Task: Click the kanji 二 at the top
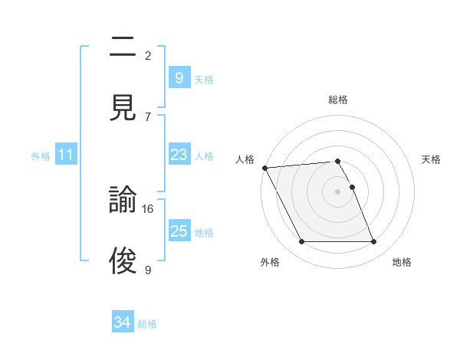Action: pos(123,47)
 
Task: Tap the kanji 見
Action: pos(123,106)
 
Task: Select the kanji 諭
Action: pos(123,201)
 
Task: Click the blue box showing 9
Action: pos(179,77)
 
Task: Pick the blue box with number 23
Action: pos(179,155)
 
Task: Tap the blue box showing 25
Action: pos(179,231)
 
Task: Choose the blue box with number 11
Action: pos(66,155)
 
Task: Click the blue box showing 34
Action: pos(123,323)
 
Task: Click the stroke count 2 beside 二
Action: pos(148,55)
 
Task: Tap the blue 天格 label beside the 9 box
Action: pos(204,79)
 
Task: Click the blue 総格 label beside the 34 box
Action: pos(148,324)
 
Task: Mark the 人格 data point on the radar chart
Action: pos(264,168)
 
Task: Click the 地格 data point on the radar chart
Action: pos(374,242)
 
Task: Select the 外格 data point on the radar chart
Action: pos(301,242)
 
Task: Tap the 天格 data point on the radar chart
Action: pos(352,187)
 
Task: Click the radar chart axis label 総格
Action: pos(338,100)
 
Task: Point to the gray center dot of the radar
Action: pos(338,191)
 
